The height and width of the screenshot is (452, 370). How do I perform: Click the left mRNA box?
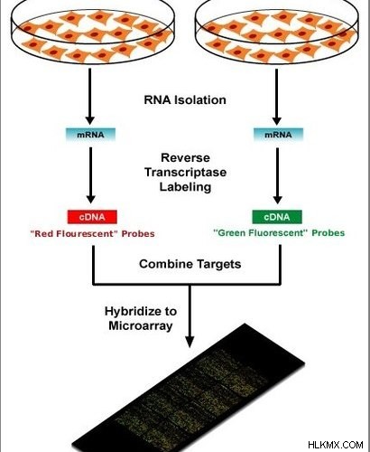pyautogui.click(x=90, y=135)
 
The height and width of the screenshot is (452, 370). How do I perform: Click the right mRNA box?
pyautogui.click(x=278, y=135)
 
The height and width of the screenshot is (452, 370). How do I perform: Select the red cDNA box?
pyautogui.click(x=92, y=217)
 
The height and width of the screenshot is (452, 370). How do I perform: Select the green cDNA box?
pyautogui.click(x=277, y=217)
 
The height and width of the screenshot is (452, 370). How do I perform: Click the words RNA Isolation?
pyautogui.click(x=185, y=100)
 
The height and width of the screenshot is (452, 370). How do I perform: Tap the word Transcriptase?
pyautogui.click(x=186, y=173)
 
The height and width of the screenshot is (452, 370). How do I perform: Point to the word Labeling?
pyautogui.click(x=185, y=187)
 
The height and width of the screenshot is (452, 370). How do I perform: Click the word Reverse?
pyautogui.click(x=185, y=157)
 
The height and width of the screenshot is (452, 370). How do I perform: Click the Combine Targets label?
pyautogui.click(x=190, y=264)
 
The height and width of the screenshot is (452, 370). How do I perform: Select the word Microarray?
pyautogui.click(x=141, y=325)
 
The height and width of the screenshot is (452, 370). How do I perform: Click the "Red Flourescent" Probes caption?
pyautogui.click(x=93, y=234)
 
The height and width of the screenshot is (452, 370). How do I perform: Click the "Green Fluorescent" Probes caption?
pyautogui.click(x=279, y=233)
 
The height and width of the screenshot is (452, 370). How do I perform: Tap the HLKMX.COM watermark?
pyautogui.click(x=336, y=445)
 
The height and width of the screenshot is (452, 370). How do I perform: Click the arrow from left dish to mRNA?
pyautogui.click(x=89, y=97)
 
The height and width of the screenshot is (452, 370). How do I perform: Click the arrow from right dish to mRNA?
pyautogui.click(x=276, y=97)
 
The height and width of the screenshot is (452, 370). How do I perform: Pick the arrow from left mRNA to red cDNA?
pyautogui.click(x=90, y=175)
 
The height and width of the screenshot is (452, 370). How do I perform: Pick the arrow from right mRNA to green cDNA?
pyautogui.click(x=277, y=175)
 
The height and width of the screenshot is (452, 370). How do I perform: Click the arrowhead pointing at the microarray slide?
pyautogui.click(x=190, y=341)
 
